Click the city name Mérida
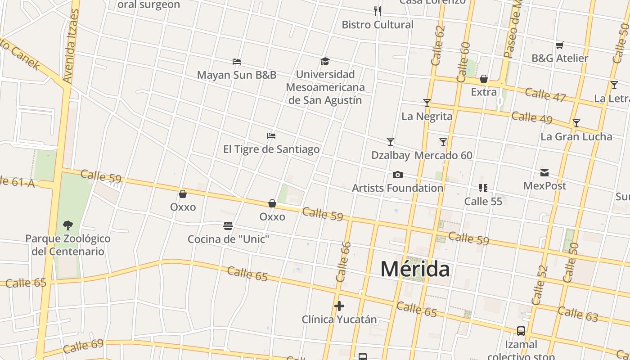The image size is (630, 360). (x=415, y=269)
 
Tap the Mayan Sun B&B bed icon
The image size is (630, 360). (x=237, y=61)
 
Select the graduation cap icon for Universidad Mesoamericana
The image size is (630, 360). (x=325, y=61)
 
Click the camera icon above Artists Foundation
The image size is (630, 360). (x=397, y=175)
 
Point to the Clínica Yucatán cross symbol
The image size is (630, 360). (x=339, y=306)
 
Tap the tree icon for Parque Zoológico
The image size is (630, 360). (x=68, y=225)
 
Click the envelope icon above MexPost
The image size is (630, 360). (x=544, y=172)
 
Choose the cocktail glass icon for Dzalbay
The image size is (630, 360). (x=391, y=142)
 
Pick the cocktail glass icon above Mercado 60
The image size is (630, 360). (x=443, y=142)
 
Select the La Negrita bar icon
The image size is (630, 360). (x=427, y=103)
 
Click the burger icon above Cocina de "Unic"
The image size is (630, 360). (x=228, y=225)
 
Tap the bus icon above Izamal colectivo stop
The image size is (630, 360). (x=521, y=331)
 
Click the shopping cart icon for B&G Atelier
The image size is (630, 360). (x=560, y=45)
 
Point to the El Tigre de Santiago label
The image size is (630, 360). (x=271, y=149)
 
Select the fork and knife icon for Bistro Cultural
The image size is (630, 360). (x=378, y=11)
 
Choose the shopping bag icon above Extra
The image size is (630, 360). (x=484, y=79)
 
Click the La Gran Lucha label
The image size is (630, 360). (x=576, y=136)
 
